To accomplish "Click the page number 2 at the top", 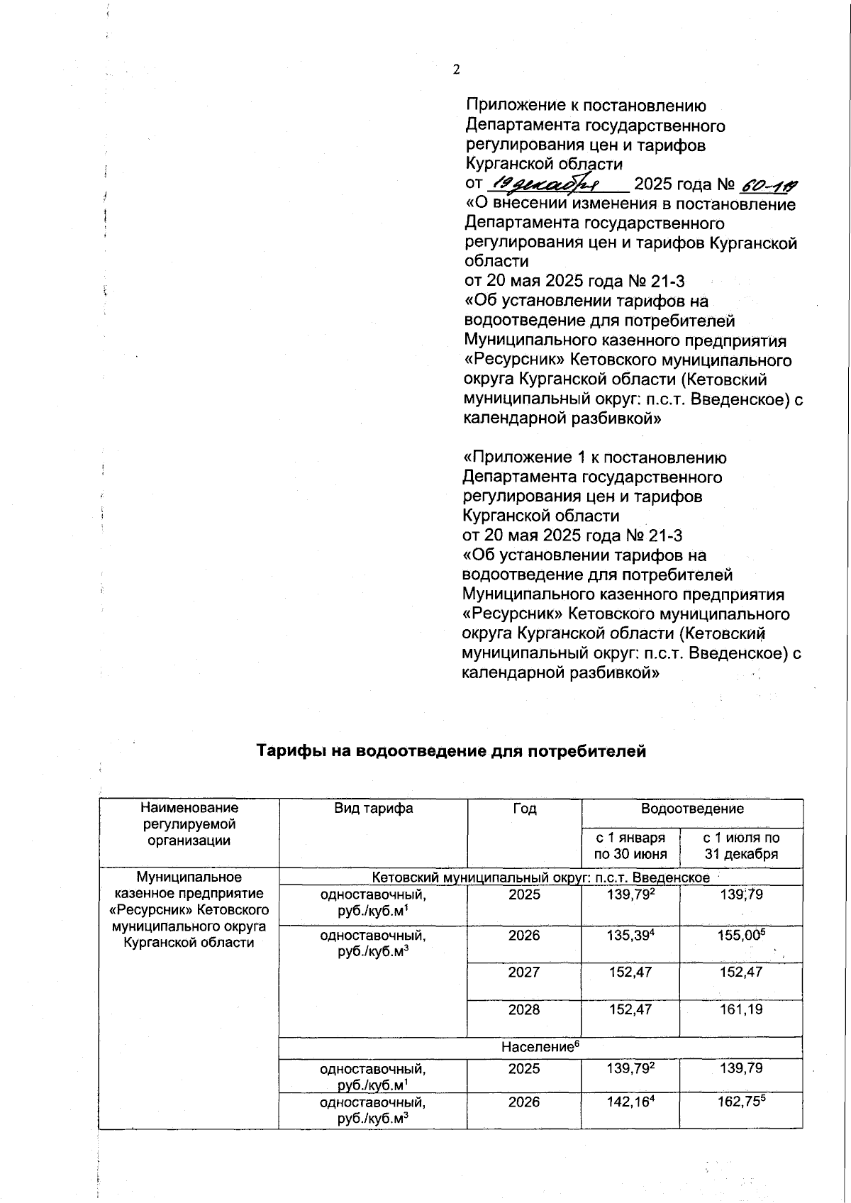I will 456,70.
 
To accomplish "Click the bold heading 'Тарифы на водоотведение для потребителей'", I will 451,751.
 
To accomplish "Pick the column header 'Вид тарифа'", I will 373,809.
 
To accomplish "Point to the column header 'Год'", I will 524,809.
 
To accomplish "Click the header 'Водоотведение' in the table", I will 692,809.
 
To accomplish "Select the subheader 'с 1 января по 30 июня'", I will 630,846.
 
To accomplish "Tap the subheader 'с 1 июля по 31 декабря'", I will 741,846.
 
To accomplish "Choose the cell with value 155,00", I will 741,936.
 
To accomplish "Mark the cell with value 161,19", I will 741,1009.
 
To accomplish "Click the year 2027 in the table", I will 524,972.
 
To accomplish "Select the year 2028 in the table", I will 524,1009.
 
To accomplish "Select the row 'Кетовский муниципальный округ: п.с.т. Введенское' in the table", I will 540,877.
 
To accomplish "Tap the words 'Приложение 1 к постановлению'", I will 594,458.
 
